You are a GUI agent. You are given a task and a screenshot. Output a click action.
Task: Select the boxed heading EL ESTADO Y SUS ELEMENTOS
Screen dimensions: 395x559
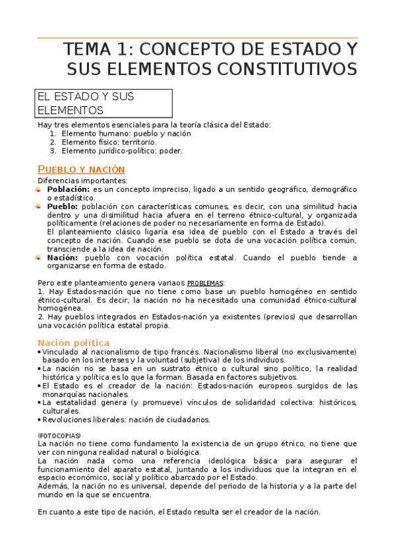[104, 103]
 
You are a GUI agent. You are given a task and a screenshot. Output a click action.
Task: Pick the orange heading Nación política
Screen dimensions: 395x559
[73, 343]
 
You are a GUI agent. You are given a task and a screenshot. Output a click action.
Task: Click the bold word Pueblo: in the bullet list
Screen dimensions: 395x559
[63, 206]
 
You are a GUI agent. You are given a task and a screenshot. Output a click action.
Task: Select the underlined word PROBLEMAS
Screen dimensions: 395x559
[206, 283]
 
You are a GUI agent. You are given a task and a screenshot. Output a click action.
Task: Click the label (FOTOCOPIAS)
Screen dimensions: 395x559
[59, 436]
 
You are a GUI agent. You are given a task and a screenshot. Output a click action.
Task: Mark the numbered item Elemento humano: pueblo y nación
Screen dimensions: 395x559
[126, 133]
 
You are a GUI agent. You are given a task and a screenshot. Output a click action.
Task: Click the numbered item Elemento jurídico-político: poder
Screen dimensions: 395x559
[122, 150]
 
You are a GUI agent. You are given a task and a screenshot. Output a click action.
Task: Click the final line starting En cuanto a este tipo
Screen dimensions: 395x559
[178, 512]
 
